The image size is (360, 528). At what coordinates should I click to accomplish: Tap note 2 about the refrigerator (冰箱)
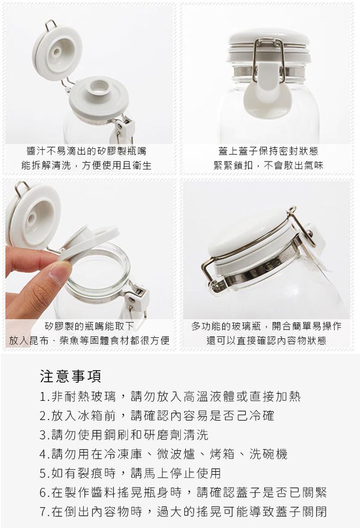(157, 415)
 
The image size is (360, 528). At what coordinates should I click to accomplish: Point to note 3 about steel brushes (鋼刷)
(124, 435)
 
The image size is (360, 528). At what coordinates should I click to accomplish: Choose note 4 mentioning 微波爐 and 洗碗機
(164, 454)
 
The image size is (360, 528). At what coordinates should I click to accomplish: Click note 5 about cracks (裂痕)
(130, 473)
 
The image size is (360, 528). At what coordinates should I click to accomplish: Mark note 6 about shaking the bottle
(183, 493)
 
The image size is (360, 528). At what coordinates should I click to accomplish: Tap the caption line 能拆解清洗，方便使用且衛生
(86, 165)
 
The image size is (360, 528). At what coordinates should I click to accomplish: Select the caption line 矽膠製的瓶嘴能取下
(89, 326)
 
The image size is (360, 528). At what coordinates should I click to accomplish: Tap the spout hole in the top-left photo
(100, 85)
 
